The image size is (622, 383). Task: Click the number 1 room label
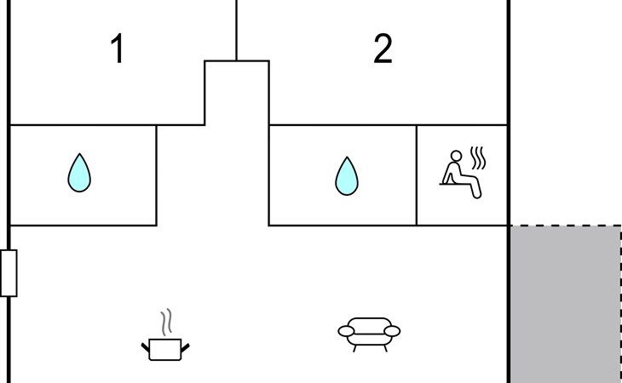(118, 49)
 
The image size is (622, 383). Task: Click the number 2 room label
(383, 49)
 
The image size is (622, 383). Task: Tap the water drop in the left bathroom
(79, 173)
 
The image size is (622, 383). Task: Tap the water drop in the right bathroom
(347, 176)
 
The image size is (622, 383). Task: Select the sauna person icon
(463, 173)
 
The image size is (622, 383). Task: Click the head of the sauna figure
(456, 156)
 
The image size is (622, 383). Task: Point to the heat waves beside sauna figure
(478, 157)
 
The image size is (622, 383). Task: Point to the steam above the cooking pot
(167, 321)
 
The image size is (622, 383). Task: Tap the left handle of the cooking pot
(146, 348)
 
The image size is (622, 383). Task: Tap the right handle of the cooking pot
(185, 348)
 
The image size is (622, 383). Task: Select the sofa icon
(369, 334)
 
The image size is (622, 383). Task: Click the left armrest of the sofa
(346, 331)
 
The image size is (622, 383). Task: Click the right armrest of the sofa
(392, 331)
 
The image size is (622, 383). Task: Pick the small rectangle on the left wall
(9, 273)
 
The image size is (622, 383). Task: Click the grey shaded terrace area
(565, 304)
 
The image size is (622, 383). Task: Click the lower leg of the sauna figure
(476, 188)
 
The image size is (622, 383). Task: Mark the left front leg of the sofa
(354, 348)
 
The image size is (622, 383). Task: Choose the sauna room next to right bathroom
(462, 175)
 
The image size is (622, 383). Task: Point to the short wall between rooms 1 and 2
(236, 30)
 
